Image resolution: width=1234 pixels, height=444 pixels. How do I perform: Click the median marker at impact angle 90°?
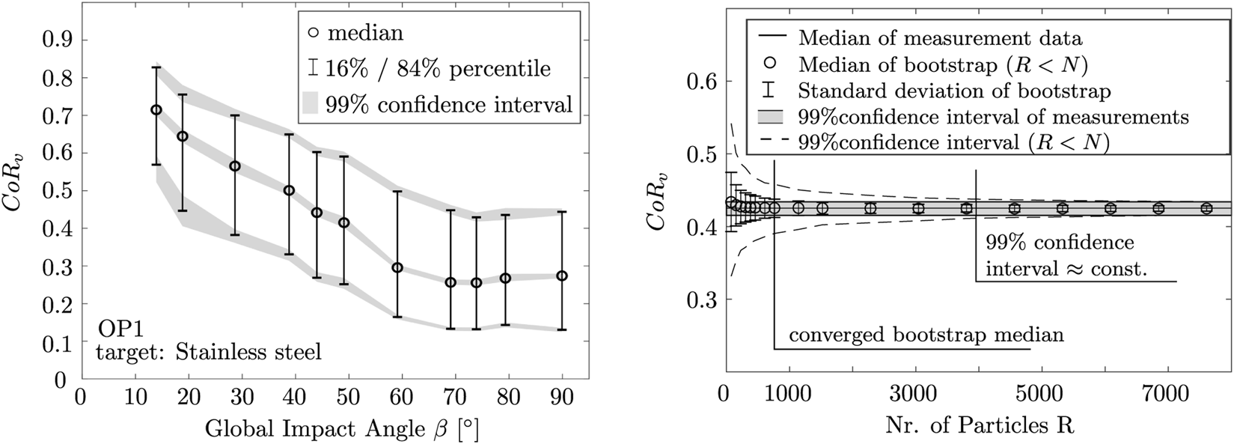coord(562,276)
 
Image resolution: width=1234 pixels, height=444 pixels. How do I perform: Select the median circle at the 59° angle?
coord(397,267)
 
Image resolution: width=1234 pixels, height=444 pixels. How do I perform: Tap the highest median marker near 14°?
coord(156,110)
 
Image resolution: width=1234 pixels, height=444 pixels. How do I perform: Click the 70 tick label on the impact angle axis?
coord(450,395)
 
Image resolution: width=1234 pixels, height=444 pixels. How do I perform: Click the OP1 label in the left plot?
coord(117,328)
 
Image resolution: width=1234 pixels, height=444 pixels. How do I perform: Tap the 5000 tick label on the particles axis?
coord(1013,395)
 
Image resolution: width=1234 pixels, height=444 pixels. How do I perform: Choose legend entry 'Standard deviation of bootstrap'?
coord(954,91)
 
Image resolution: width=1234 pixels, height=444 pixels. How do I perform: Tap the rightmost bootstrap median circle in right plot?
coord(1206,208)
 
